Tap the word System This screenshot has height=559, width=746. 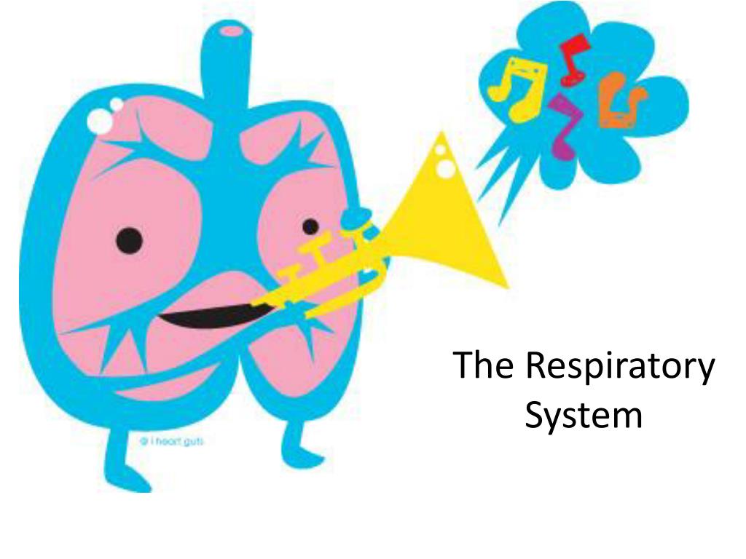[584, 417]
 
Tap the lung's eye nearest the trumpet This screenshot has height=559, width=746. [311, 226]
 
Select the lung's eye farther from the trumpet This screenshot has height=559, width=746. [129, 239]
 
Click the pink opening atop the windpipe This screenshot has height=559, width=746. [232, 31]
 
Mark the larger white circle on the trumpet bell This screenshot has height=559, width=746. [446, 168]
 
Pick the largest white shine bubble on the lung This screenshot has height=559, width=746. [100, 122]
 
